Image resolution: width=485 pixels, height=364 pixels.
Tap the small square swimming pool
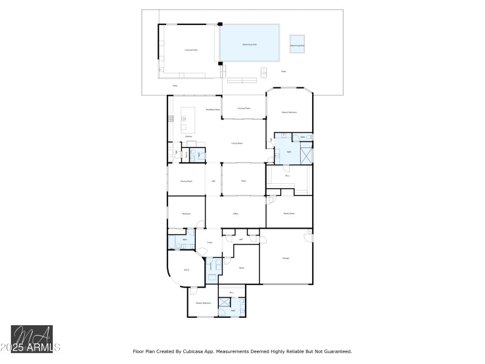tap(296, 45)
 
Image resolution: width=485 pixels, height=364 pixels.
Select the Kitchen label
tap(189, 136)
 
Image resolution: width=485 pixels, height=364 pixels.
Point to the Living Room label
tap(237, 143)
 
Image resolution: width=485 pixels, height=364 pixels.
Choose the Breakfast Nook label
tap(212, 109)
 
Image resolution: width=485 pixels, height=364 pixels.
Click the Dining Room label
tap(186, 181)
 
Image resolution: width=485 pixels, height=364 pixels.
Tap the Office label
tap(236, 214)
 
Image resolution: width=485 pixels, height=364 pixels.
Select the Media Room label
tap(289, 214)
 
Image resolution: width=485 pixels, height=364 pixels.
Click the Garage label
tap(286, 258)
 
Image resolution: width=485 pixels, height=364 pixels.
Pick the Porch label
tap(187, 269)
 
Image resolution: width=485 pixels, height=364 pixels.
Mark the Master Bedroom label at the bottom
tap(203, 303)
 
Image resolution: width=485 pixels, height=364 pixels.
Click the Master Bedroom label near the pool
tap(289, 112)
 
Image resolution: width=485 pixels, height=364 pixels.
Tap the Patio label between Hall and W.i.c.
tap(244, 181)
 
